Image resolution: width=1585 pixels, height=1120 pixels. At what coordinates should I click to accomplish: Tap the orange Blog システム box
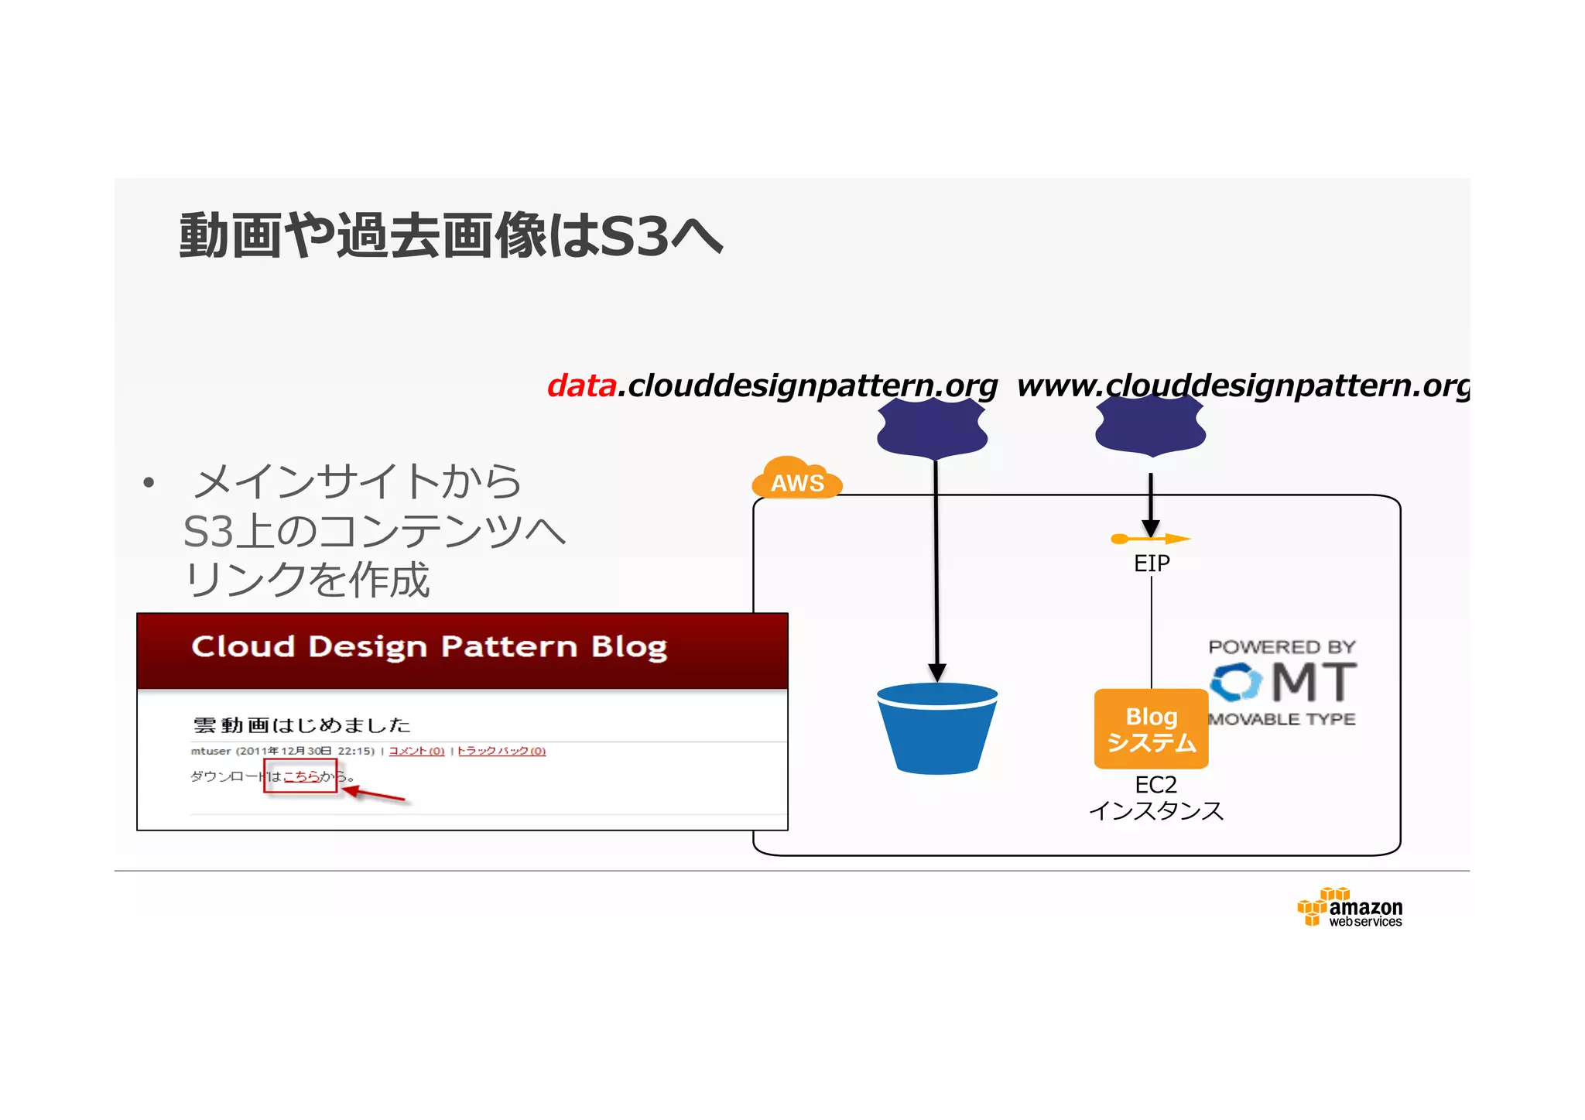click(x=1151, y=729)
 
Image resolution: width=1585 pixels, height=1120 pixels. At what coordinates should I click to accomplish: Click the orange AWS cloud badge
click(x=797, y=479)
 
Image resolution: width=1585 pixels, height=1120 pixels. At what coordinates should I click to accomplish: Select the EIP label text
click(x=1152, y=563)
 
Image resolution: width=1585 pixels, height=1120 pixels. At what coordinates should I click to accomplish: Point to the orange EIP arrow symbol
click(x=1150, y=539)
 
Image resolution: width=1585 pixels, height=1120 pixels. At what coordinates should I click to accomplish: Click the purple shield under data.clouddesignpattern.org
click(x=933, y=428)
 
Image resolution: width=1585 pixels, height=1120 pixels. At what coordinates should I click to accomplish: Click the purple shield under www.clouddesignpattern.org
click(x=1150, y=426)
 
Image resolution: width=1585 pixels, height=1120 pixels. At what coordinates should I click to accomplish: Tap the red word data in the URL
click(x=581, y=385)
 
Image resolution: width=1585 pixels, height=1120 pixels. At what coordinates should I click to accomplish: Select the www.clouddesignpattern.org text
click(x=1243, y=385)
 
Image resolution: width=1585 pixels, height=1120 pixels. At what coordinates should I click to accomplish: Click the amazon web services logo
click(x=1350, y=908)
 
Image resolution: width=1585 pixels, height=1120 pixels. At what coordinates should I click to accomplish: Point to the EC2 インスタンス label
click(x=1156, y=798)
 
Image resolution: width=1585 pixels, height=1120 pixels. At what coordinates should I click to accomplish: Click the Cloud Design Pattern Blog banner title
click(x=429, y=646)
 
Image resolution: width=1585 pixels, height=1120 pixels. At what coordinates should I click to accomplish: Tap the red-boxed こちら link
click(x=302, y=776)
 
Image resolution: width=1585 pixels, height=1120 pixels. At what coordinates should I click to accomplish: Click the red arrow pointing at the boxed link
click(x=375, y=794)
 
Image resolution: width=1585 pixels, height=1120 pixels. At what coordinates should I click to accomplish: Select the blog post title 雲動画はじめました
click(x=302, y=725)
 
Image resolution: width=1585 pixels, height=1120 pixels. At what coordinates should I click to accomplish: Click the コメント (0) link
click(x=416, y=751)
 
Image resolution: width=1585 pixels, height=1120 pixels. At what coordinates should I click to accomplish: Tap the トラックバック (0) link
click(x=502, y=751)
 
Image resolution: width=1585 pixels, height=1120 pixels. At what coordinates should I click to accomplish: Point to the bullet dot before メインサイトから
click(x=149, y=484)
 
